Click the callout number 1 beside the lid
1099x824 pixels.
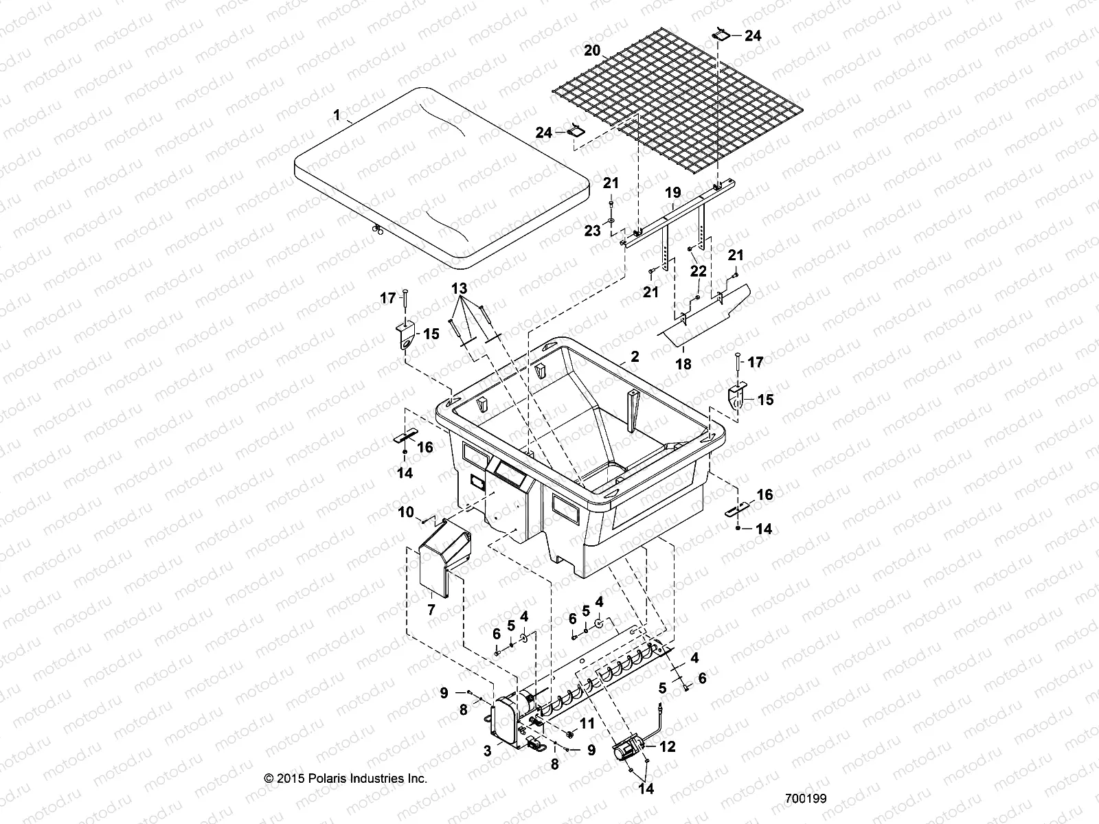click(x=337, y=115)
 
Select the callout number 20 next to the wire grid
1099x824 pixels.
click(x=591, y=51)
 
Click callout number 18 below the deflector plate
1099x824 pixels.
click(x=683, y=365)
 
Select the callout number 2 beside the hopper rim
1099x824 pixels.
click(x=635, y=356)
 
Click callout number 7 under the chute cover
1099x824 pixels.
click(x=431, y=609)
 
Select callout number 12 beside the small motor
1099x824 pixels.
click(x=667, y=747)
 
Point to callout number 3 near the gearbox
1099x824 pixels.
click(x=487, y=752)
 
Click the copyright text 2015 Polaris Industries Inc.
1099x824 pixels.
click(x=345, y=778)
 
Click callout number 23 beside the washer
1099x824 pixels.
click(x=592, y=231)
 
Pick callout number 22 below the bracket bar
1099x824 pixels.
click(x=698, y=273)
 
